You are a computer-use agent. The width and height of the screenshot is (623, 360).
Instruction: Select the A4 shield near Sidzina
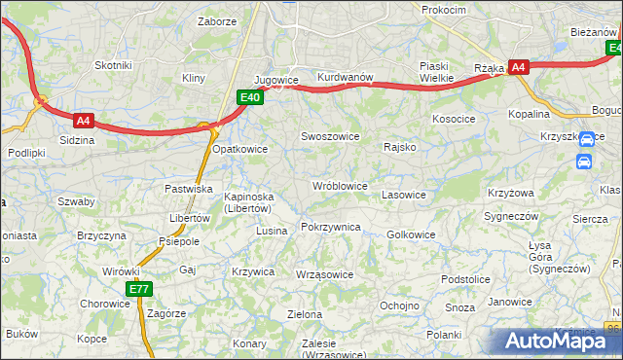click(83, 121)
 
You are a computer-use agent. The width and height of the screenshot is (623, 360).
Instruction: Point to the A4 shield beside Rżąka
click(519, 67)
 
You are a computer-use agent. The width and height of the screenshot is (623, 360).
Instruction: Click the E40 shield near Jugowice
click(249, 96)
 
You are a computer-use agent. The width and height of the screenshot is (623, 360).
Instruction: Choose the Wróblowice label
click(339, 185)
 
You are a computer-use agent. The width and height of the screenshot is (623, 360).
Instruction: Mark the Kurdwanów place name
click(346, 77)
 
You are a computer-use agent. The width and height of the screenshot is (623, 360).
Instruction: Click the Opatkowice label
click(239, 149)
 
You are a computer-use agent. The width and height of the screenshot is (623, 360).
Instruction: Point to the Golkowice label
click(411, 234)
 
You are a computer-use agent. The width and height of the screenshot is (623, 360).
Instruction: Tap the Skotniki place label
click(112, 64)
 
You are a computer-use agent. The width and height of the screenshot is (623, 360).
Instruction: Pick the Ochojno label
click(399, 305)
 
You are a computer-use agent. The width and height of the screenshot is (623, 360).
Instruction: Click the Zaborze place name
click(217, 20)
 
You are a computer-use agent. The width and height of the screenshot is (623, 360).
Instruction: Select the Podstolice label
click(464, 279)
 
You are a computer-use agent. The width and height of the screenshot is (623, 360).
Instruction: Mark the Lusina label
click(272, 231)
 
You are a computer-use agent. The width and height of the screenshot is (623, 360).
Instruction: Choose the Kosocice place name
click(454, 118)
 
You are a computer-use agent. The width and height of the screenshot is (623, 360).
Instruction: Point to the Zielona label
click(305, 314)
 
